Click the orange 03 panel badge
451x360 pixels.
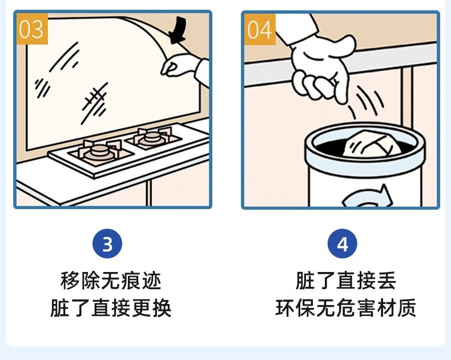coord(32,29)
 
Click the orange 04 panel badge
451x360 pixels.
coord(260,29)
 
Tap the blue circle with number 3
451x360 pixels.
coord(107,243)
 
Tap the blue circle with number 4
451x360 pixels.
coord(343,243)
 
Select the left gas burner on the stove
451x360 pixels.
coord(100,153)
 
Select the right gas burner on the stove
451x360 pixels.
coord(152,137)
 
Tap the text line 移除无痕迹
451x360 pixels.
coord(111,281)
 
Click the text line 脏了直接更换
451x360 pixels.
coord(111,308)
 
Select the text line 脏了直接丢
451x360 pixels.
coord(346,281)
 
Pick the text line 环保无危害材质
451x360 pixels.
coord(346,308)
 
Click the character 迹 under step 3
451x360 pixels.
coord(152,281)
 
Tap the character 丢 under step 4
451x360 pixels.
coord(387,281)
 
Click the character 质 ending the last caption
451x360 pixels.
coord(407,308)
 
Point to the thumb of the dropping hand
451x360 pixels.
coord(344,46)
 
